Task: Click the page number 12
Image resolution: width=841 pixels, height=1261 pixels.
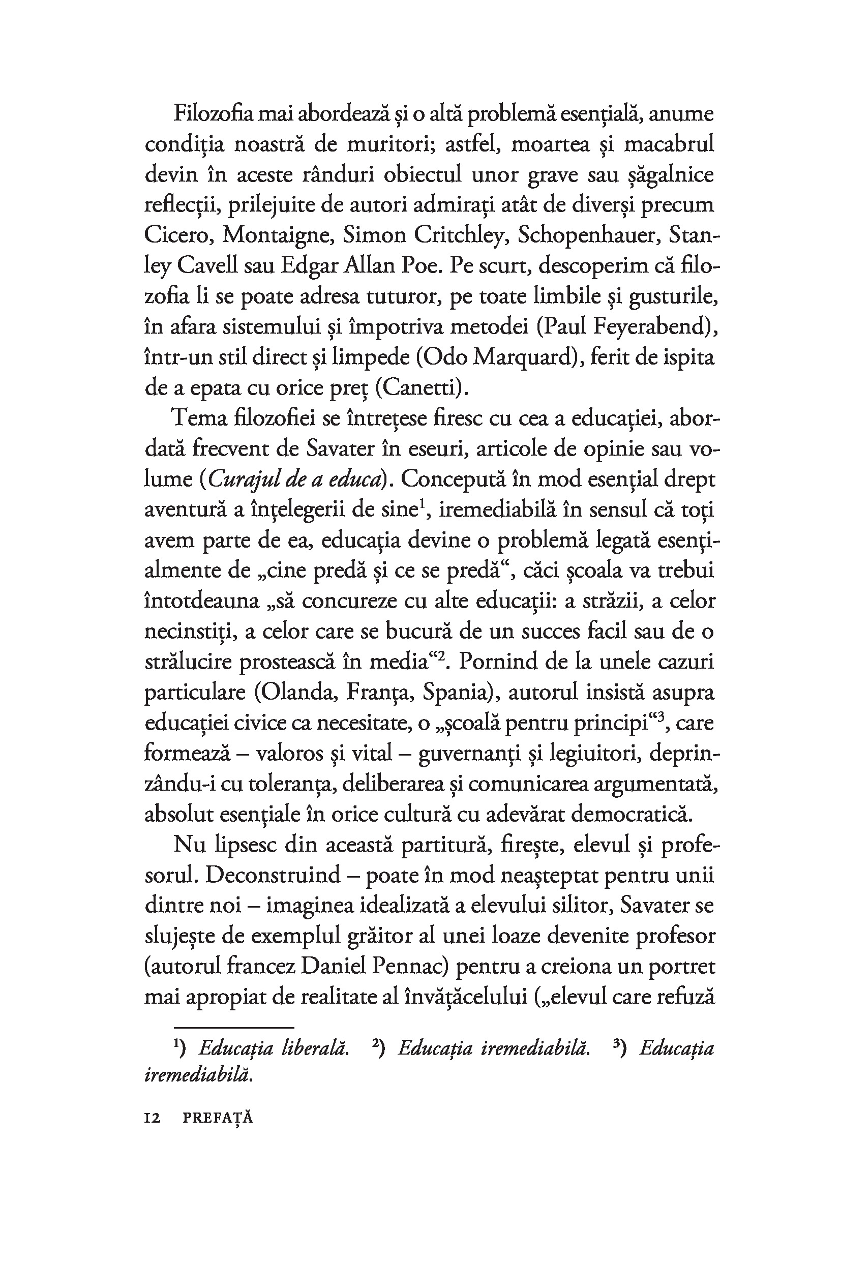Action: [153, 1118]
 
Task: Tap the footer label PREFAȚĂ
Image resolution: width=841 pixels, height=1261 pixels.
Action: [218, 1118]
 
